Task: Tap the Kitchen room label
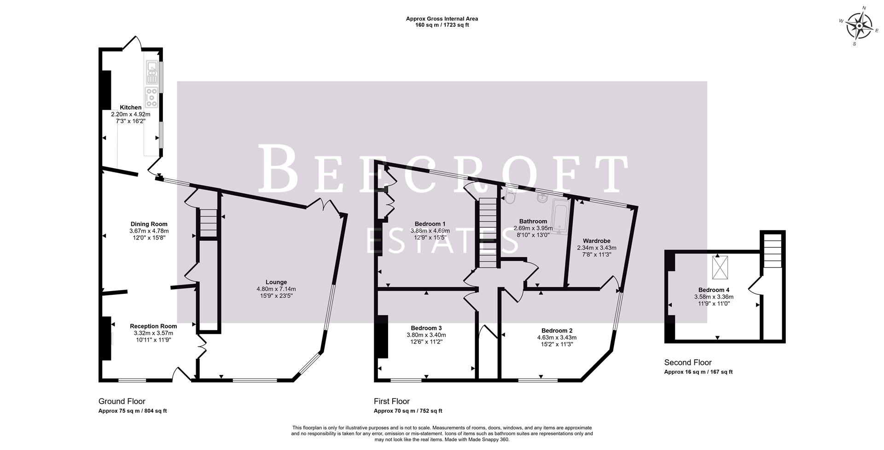tap(131, 107)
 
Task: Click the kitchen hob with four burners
tap(151, 97)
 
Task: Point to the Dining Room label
tap(149, 224)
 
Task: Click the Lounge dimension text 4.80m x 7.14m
tap(276, 289)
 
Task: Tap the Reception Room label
tap(153, 326)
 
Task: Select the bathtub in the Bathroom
tap(559, 216)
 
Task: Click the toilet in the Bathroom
tap(510, 197)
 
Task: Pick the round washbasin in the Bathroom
tap(542, 199)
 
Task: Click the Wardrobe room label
tap(596, 241)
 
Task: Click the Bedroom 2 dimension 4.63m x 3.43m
tap(557, 337)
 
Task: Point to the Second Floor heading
tap(687, 362)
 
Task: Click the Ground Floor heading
tap(122, 401)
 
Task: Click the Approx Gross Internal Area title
tap(442, 19)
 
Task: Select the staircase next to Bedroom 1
tap(488, 233)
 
